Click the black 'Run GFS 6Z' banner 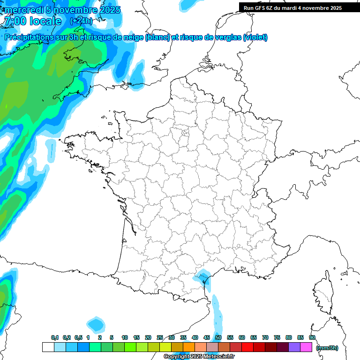299,7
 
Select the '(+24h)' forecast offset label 81,21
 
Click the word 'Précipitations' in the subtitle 31,37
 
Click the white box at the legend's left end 48,347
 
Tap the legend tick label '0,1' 55,337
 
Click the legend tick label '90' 312,337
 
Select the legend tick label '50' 218,337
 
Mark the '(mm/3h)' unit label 327,347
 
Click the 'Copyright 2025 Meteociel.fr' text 199,357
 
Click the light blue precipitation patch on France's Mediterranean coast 203,277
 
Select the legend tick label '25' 160,337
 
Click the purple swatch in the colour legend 294,347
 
